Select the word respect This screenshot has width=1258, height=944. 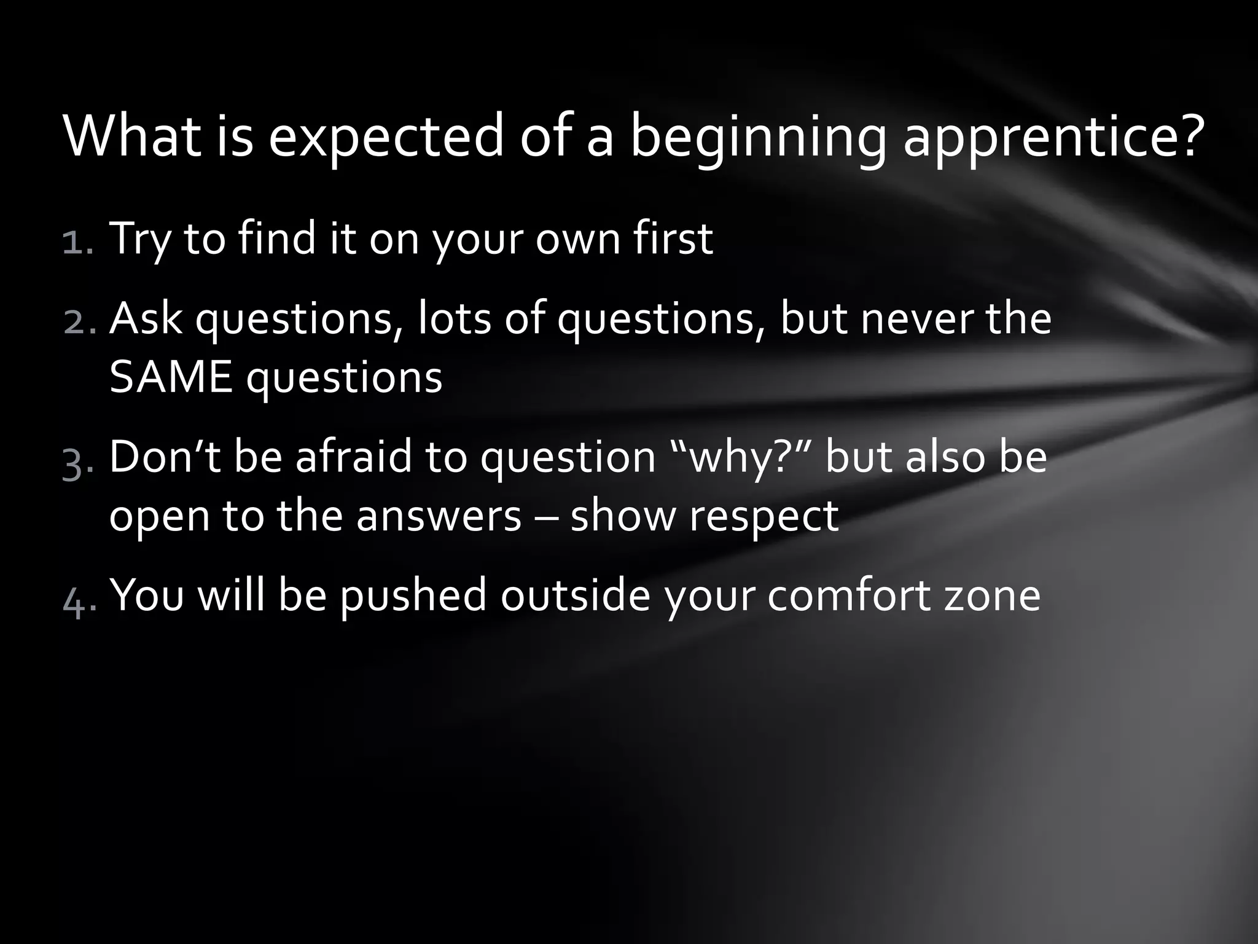click(x=764, y=516)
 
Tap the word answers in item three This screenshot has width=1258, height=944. click(x=439, y=516)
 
